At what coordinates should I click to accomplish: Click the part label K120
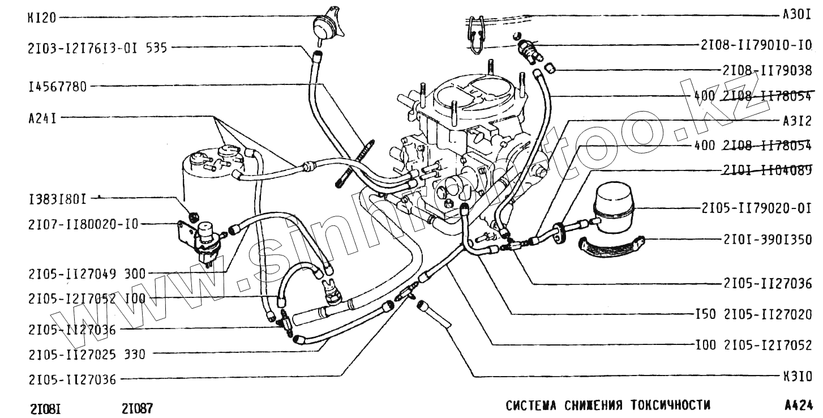pos(41,18)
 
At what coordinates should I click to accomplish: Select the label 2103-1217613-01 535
pos(97,48)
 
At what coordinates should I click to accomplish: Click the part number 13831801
pos(57,199)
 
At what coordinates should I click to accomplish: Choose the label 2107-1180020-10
pos(83,224)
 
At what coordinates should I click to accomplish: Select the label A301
pos(797,15)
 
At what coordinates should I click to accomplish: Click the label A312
pos(797,121)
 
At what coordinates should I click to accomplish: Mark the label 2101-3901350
pos(767,240)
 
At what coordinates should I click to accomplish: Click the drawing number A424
pos(799,406)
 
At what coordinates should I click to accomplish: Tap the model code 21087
pos(137,408)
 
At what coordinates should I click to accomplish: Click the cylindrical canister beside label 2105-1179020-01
pos(614,205)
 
